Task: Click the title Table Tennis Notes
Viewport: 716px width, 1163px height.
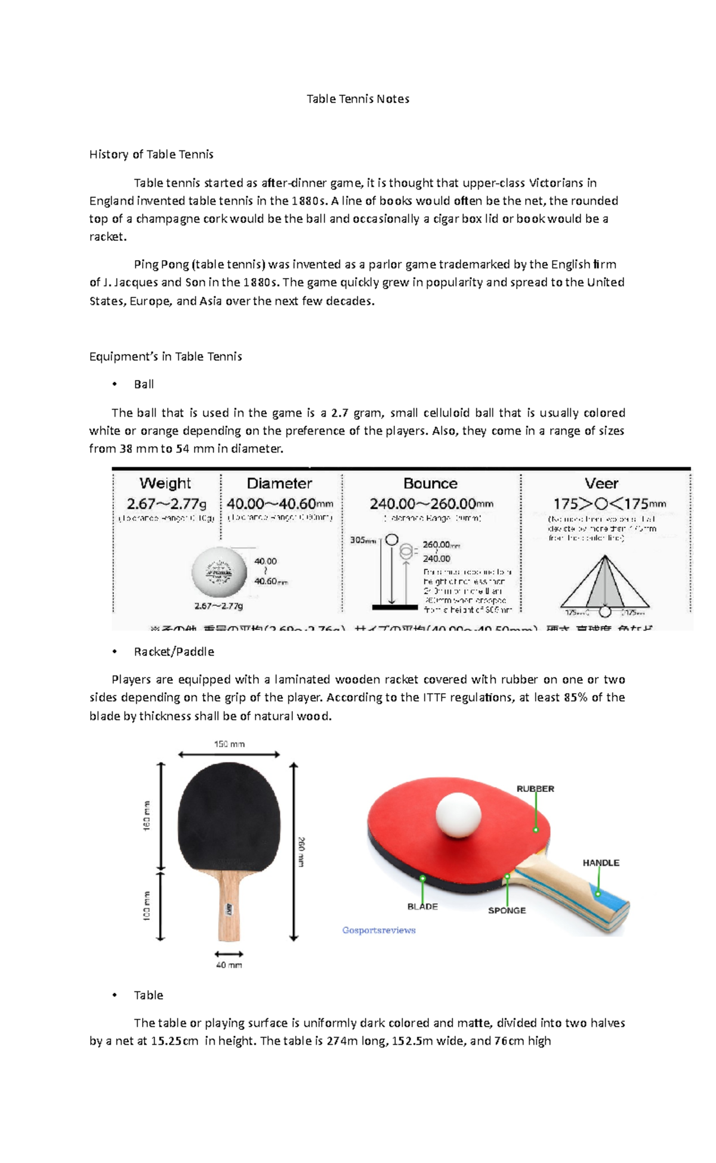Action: [357, 99]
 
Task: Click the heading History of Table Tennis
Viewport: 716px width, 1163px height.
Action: [151, 154]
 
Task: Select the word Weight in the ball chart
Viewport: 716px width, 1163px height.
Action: [165, 483]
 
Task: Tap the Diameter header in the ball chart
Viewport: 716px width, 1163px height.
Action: [279, 483]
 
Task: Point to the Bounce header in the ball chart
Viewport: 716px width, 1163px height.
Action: [430, 483]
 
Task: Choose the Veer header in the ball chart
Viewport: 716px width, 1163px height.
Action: [601, 483]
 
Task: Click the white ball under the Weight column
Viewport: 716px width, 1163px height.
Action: [219, 572]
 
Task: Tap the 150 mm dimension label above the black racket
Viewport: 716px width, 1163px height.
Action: [229, 744]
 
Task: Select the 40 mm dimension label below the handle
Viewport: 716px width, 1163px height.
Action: [229, 964]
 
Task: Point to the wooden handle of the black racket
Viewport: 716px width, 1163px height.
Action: [229, 907]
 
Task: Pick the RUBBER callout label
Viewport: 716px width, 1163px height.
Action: [535, 788]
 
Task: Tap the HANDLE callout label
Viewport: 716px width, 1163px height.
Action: [600, 862]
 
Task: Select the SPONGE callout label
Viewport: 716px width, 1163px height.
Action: [507, 910]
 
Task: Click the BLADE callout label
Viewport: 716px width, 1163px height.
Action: [422, 906]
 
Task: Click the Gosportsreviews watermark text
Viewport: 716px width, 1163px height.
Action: [379, 930]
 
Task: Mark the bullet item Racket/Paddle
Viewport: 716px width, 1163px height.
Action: [174, 652]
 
